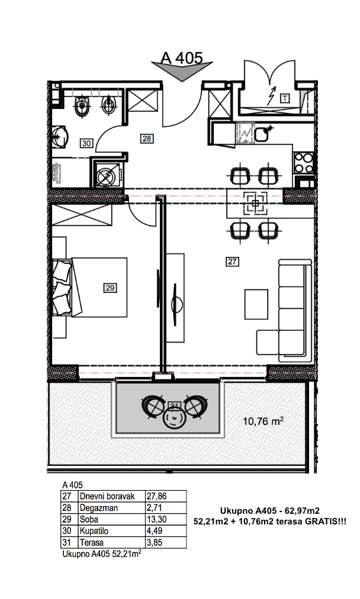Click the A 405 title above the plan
182,58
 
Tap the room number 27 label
232,262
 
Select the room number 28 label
147,139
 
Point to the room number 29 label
110,288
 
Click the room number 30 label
87,143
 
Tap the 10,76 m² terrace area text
263,421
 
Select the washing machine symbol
105,176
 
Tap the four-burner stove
304,163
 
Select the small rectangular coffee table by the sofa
256,304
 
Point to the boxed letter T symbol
285,99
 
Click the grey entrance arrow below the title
182,70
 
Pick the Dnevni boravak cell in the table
107,497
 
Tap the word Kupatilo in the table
94,531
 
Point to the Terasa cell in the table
92,542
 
